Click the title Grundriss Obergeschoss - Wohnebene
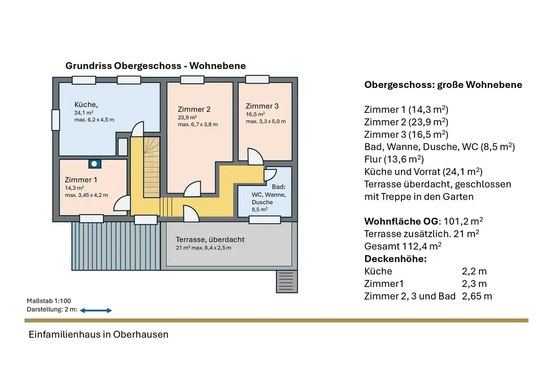click(155, 66)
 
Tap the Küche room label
click(86, 105)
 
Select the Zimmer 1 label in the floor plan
click(81, 180)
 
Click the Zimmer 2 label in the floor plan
click(194, 109)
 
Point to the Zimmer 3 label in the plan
click(262, 106)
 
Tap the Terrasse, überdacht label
click(210, 240)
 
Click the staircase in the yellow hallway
click(151, 169)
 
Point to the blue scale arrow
click(96, 311)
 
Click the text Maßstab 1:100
click(48, 301)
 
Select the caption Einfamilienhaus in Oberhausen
click(98, 335)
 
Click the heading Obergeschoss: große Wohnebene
click(443, 85)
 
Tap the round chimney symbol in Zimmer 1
click(94, 163)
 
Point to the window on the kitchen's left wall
click(55, 120)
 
